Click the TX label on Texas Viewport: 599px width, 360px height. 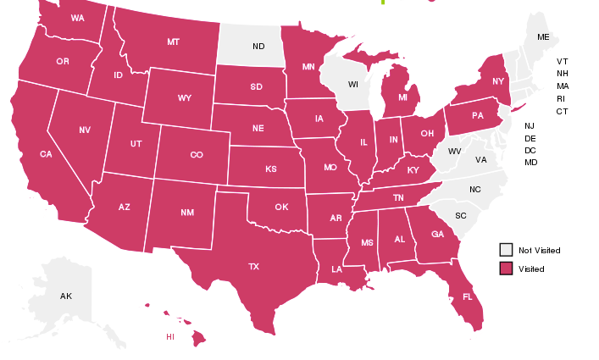[253, 267]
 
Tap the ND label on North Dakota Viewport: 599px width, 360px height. [258, 46]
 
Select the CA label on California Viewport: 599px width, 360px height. [46, 154]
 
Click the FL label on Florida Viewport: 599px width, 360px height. [467, 297]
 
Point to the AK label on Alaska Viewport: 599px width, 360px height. [66, 296]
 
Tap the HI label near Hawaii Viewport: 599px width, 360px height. [170, 336]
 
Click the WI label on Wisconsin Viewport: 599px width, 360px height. [353, 85]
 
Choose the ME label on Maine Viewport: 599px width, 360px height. [543, 37]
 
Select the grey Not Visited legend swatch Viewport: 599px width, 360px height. [506, 250]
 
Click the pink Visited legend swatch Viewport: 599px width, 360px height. [506, 269]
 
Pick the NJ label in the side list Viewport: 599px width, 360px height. [530, 125]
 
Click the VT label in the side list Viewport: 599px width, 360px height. [563, 62]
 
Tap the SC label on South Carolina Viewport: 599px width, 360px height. [461, 215]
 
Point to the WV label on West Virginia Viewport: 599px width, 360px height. [454, 152]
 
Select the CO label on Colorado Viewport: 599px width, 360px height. [197, 155]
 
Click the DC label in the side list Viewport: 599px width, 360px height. [530, 150]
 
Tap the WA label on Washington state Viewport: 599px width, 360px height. [77, 18]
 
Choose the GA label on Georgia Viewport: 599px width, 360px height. [437, 235]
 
